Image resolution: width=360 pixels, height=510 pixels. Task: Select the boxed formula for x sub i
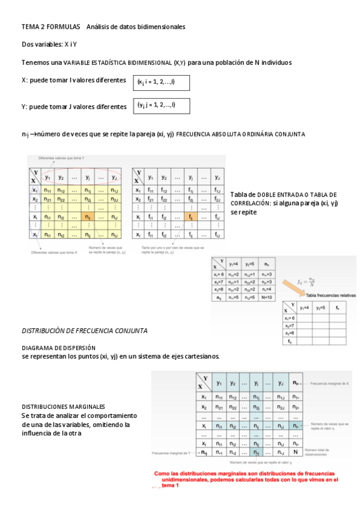pyautogui.click(x=161, y=82)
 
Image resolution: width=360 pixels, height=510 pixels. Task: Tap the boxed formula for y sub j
pyautogui.click(x=161, y=106)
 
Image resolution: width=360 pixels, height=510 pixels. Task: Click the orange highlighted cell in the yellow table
pyautogui.click(x=87, y=217)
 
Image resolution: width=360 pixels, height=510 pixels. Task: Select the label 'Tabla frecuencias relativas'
pyautogui.click(x=331, y=296)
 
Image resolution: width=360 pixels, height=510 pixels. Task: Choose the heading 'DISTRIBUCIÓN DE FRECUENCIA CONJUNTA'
pyautogui.click(x=84, y=331)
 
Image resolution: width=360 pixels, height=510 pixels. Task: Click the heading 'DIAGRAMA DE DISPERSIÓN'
pyautogui.click(x=58, y=348)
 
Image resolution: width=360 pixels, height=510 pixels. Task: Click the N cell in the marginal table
pyautogui.click(x=294, y=451)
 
